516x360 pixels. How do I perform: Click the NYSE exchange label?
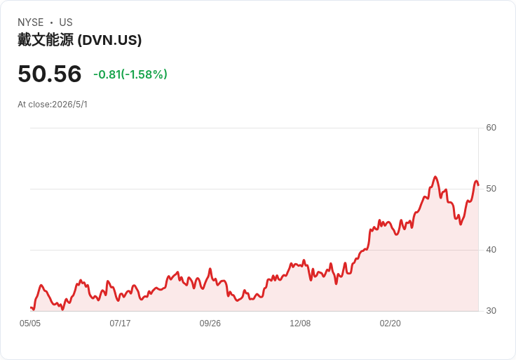pyautogui.click(x=31, y=22)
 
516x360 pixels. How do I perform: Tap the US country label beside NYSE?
pyautogui.click(x=66, y=22)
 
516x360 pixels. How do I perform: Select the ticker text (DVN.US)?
pyautogui.click(x=109, y=40)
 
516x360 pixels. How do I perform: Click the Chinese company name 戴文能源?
pyautogui.click(x=46, y=40)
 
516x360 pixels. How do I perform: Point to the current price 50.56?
pyautogui.click(x=49, y=74)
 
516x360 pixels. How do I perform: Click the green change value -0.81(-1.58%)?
pyautogui.click(x=130, y=74)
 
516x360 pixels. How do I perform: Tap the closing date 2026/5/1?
pyautogui.click(x=70, y=105)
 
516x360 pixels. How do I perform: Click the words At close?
pyautogui.click(x=34, y=105)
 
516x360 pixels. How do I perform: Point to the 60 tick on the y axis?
pyautogui.click(x=491, y=128)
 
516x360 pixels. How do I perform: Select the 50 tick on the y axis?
pyautogui.click(x=491, y=189)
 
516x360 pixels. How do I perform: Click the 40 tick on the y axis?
pyautogui.click(x=491, y=250)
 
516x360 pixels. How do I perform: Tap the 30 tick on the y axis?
pyautogui.click(x=491, y=311)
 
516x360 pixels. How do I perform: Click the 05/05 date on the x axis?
pyautogui.click(x=30, y=324)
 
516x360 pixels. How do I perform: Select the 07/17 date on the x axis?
pyautogui.click(x=120, y=324)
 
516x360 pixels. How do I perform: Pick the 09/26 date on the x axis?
pyautogui.click(x=210, y=324)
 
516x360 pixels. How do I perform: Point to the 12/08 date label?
pyautogui.click(x=300, y=324)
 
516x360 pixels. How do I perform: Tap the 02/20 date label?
pyautogui.click(x=390, y=324)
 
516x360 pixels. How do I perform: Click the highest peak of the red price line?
pyautogui.click(x=435, y=177)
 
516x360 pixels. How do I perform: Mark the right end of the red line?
pyautogui.click(x=478, y=185)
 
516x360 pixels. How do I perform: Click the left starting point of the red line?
pyautogui.click(x=31, y=307)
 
